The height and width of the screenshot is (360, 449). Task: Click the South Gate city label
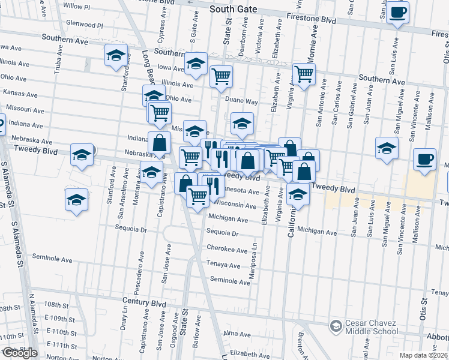click(234, 10)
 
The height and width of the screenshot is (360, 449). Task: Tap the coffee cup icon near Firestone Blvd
click(397, 12)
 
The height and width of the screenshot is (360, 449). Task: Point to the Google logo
click(19, 353)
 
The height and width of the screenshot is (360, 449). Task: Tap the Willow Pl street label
click(76, 6)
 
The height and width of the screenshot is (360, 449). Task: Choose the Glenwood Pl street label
click(85, 25)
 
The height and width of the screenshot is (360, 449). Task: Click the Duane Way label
click(242, 102)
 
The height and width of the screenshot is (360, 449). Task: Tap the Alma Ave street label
click(236, 333)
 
